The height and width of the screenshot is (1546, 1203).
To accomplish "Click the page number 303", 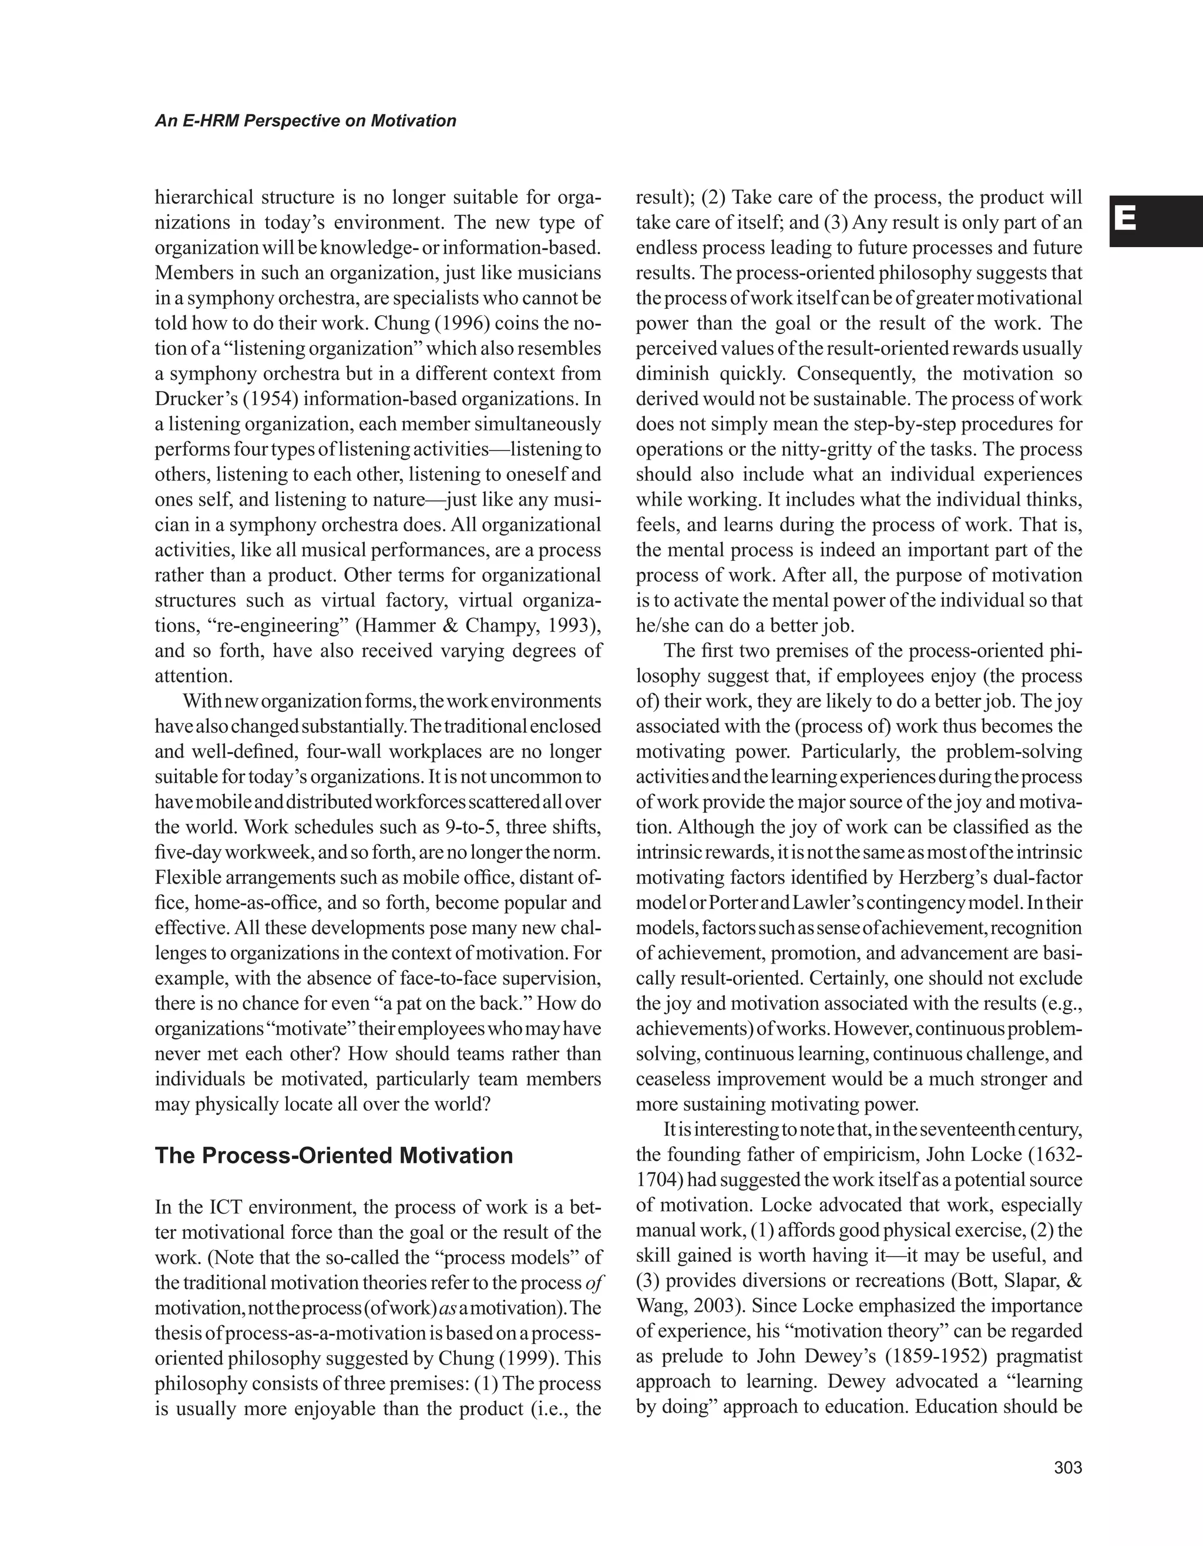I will click(x=1068, y=1468).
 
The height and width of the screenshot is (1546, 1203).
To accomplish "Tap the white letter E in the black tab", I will click(x=1125, y=220).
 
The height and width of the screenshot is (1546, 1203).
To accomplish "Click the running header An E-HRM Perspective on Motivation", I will click(x=305, y=121).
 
